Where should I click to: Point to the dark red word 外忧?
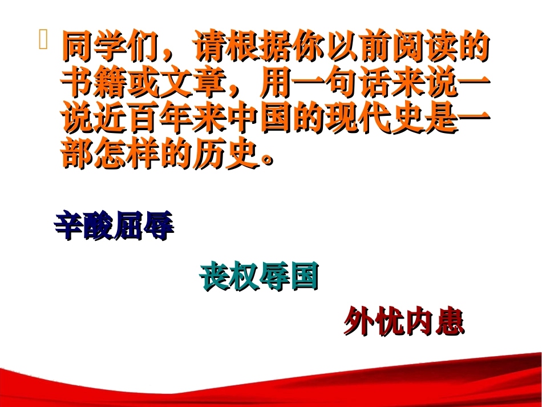[x=374, y=323]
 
